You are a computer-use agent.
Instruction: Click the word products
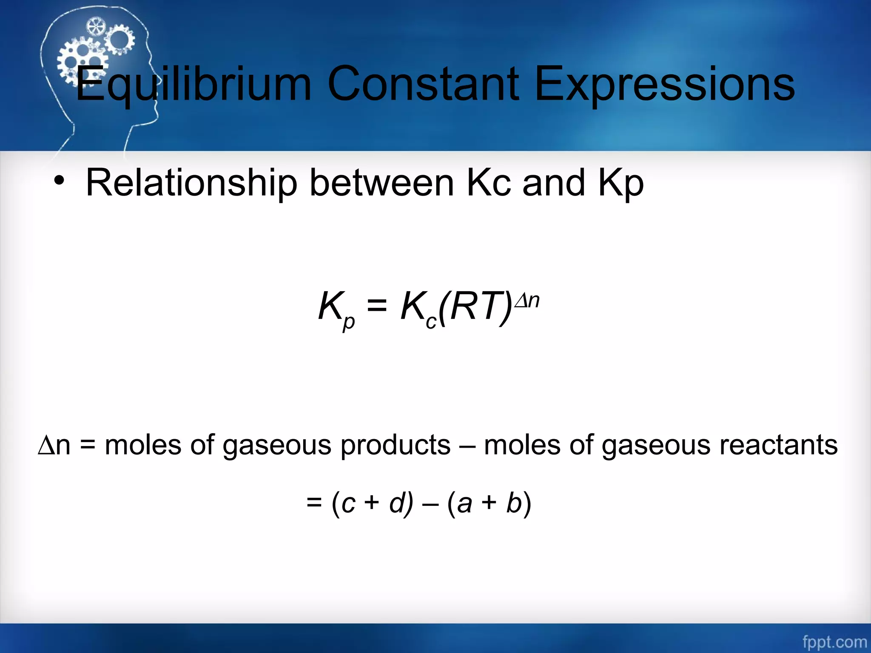point(396,445)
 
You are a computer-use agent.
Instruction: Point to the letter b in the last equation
point(514,503)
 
